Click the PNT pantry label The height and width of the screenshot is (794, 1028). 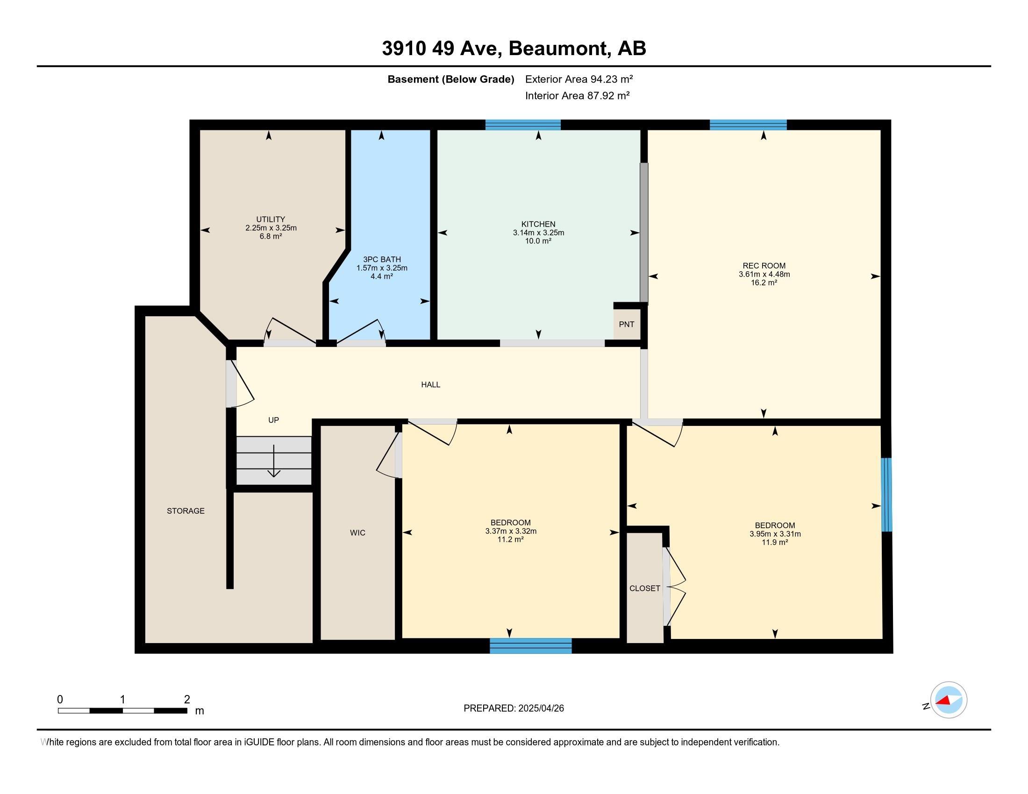click(627, 324)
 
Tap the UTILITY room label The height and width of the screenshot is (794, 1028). click(271, 219)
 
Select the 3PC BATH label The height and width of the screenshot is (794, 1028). click(382, 259)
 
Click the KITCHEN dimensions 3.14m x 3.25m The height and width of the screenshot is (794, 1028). click(538, 233)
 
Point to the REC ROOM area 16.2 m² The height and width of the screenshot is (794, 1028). click(764, 283)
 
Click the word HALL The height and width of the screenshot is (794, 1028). click(431, 385)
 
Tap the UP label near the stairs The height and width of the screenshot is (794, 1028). click(273, 420)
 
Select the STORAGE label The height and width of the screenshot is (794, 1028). click(186, 511)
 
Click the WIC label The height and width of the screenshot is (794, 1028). click(357, 532)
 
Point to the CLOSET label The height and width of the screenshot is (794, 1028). click(644, 588)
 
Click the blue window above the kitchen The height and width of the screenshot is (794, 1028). click(523, 125)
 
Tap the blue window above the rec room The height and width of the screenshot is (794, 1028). click(748, 125)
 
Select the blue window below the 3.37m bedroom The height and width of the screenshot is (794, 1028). click(530, 646)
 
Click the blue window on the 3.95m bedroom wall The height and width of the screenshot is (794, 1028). click(886, 495)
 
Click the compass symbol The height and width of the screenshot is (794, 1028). click(948, 700)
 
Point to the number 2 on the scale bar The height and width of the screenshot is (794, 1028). click(187, 700)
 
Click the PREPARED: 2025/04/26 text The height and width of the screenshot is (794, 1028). click(514, 709)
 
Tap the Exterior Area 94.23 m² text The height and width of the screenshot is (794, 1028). click(579, 79)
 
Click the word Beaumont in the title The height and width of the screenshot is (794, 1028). click(557, 49)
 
